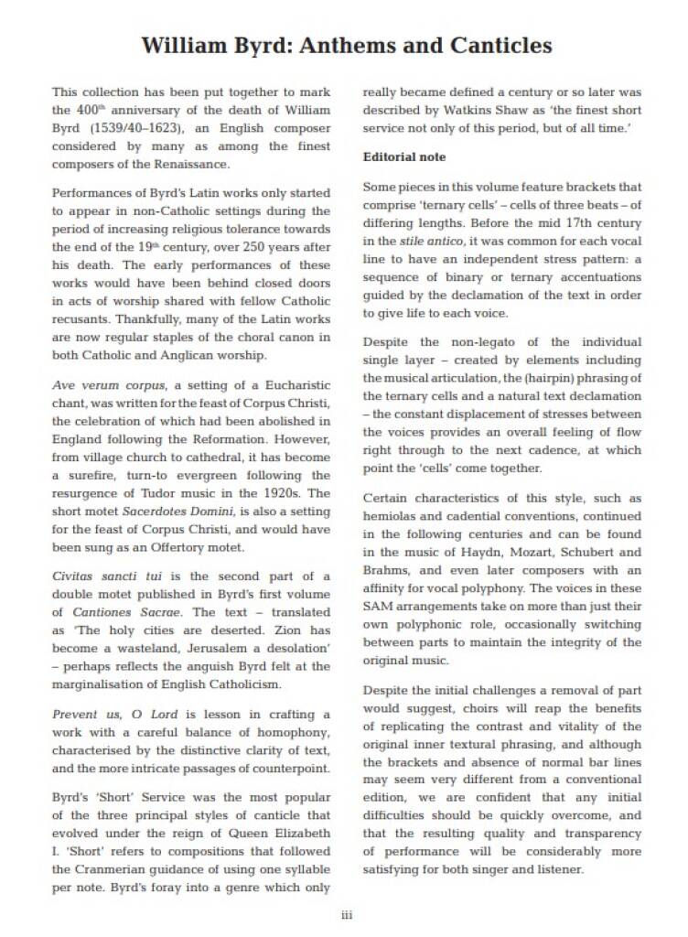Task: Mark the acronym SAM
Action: (377, 606)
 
